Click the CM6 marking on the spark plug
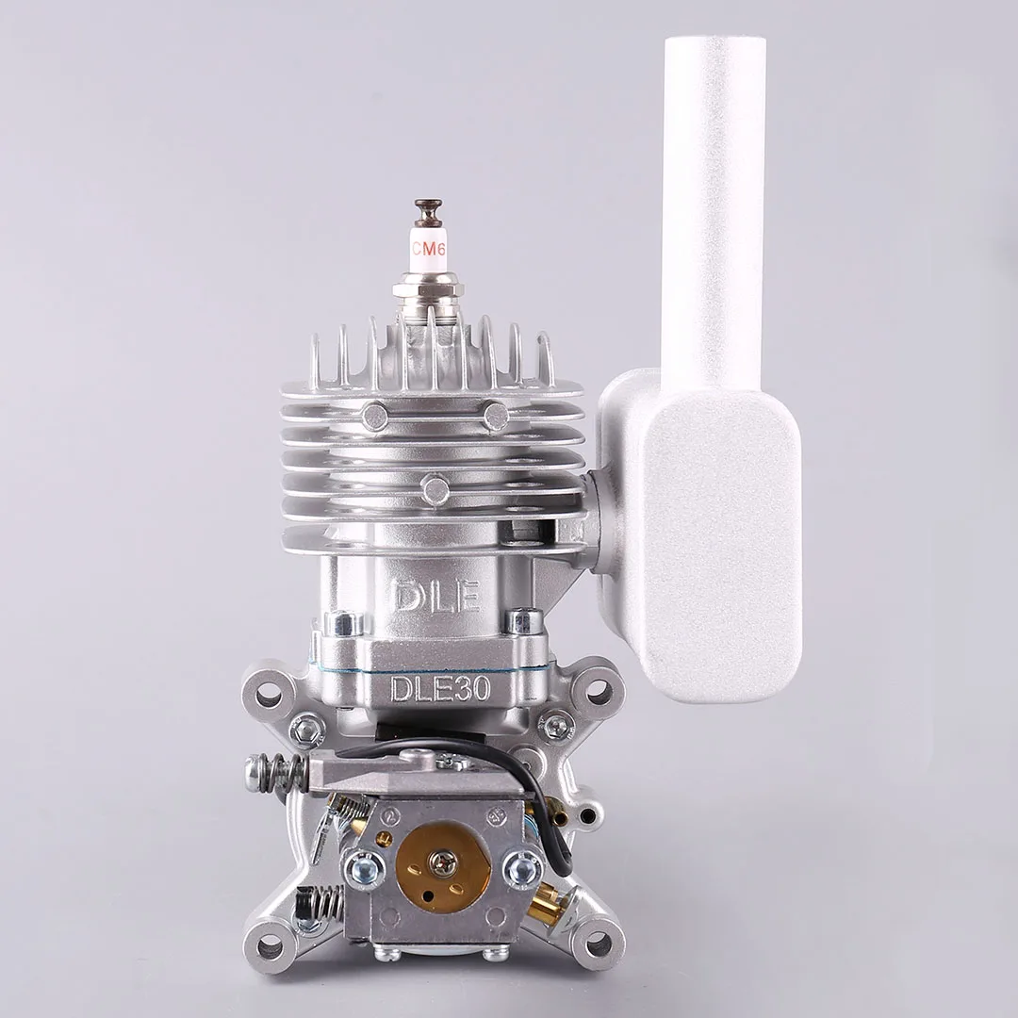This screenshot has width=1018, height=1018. coord(427,249)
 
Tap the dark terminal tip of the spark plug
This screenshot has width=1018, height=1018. coord(427,209)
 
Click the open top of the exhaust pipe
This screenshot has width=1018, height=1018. coord(715,42)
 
